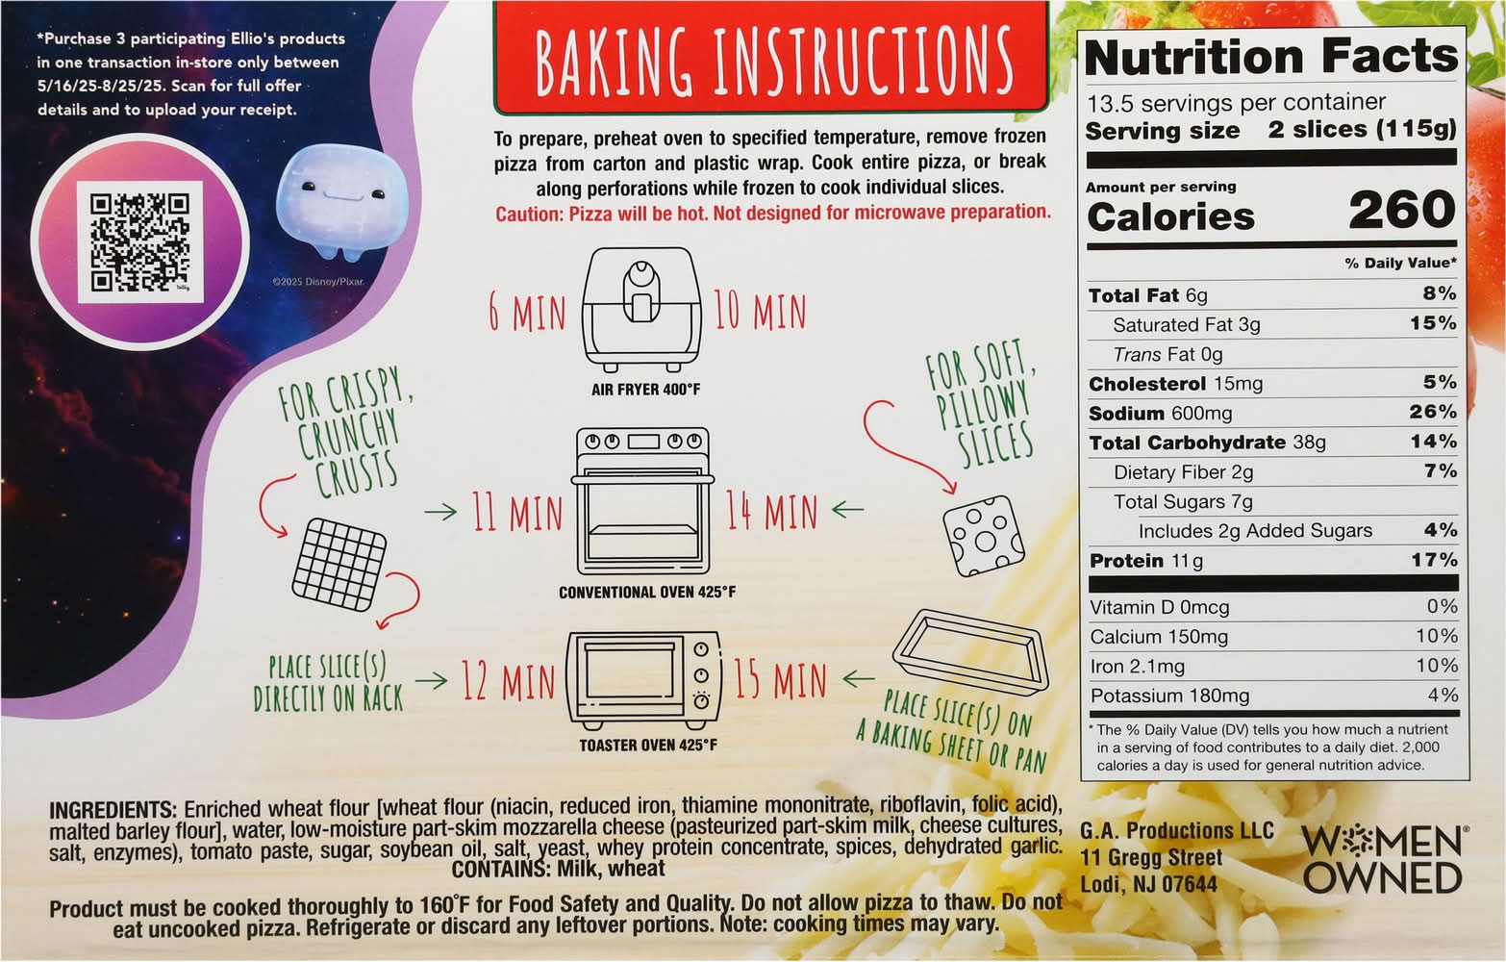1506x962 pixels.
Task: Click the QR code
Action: (139, 242)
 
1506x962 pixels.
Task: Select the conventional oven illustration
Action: (642, 500)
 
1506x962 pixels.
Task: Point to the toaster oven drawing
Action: (643, 680)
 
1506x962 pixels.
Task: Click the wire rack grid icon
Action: (339, 565)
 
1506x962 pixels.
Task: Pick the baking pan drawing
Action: (971, 651)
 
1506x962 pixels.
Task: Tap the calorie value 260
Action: (1402, 209)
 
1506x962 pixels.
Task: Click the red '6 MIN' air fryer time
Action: (528, 312)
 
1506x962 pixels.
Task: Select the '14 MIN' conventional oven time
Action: (771, 511)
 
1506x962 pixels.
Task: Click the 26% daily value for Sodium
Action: (1433, 411)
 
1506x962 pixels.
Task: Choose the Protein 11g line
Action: (1145, 561)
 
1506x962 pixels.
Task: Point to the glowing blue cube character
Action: (342, 201)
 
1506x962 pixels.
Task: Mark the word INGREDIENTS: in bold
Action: (113, 809)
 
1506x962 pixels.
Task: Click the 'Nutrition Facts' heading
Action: (1271, 57)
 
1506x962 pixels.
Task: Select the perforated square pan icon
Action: (983, 536)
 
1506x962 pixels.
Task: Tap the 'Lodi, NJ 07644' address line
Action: (1148, 884)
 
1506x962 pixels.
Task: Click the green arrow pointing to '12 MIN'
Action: (432, 680)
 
